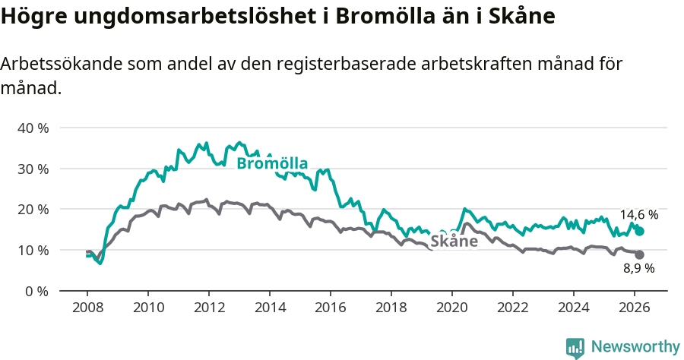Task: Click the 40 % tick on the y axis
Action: tap(32, 128)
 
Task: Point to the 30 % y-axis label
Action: tap(32, 169)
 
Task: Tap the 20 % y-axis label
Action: tap(32, 209)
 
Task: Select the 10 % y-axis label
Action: tap(32, 250)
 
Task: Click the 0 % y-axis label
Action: tap(35, 291)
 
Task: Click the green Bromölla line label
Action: tap(272, 163)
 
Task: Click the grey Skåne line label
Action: tap(454, 242)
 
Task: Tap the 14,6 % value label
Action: tap(638, 215)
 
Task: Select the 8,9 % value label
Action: tap(638, 268)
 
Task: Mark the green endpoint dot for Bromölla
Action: tap(639, 231)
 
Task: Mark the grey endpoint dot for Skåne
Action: tap(639, 255)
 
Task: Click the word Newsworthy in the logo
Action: tap(635, 346)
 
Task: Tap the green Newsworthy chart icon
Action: tap(575, 347)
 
